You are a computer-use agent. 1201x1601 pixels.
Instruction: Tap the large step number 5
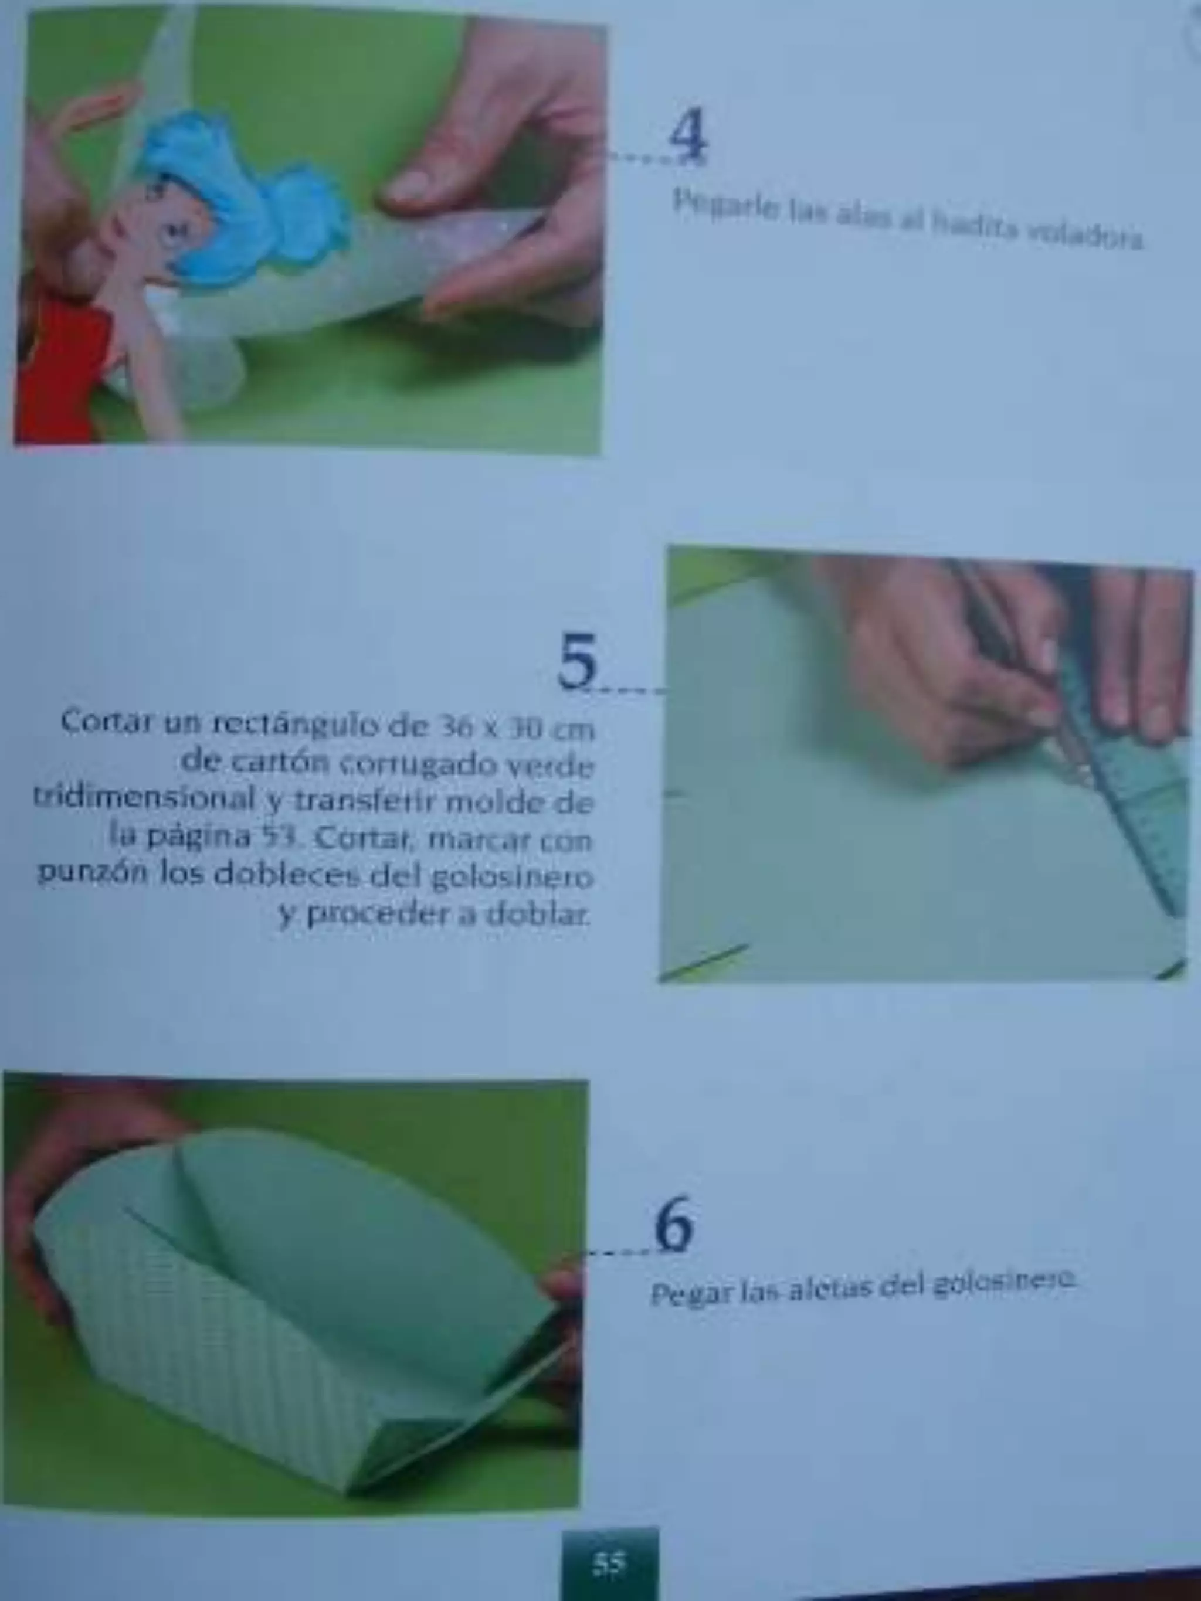click(x=578, y=661)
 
